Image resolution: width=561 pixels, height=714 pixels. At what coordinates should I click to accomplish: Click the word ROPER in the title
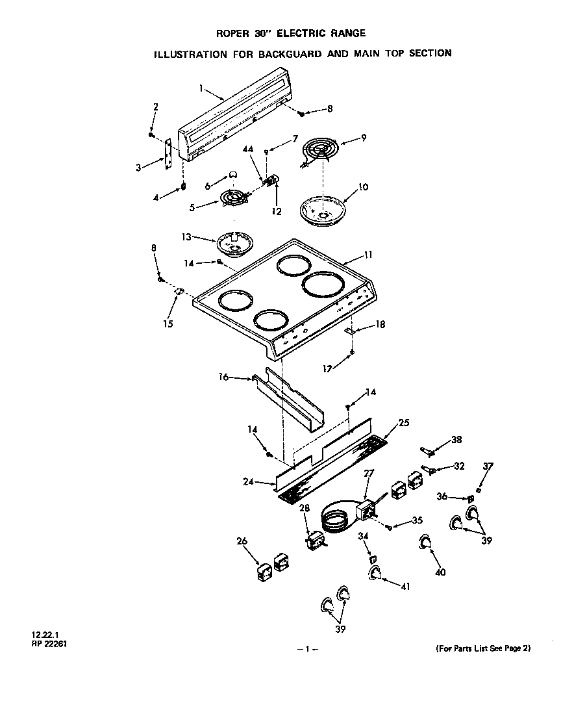tap(230, 33)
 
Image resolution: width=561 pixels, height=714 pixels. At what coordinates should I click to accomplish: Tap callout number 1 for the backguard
tap(201, 88)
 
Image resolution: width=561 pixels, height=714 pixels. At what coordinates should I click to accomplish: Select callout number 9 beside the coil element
tap(364, 137)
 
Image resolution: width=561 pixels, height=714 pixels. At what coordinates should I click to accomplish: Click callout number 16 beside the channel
tap(224, 377)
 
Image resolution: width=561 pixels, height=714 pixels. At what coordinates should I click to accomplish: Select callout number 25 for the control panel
tap(404, 423)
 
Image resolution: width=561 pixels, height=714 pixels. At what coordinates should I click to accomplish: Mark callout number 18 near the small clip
tap(380, 324)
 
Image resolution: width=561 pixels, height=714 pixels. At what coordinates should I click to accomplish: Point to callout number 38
tap(456, 439)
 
